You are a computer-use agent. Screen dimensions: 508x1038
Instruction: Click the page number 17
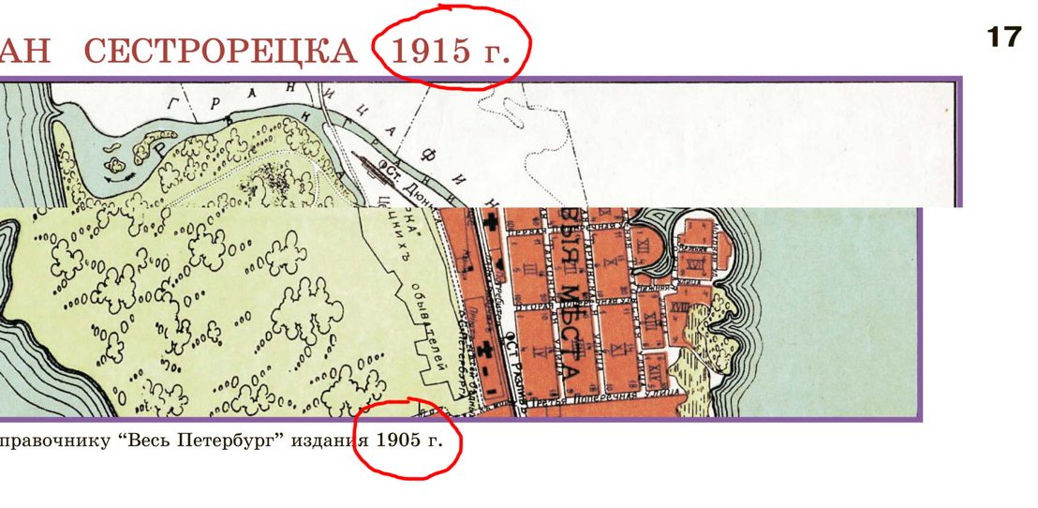1004,38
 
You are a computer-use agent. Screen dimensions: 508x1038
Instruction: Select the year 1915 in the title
432,51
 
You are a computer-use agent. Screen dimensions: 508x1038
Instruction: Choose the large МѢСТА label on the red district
568,333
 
